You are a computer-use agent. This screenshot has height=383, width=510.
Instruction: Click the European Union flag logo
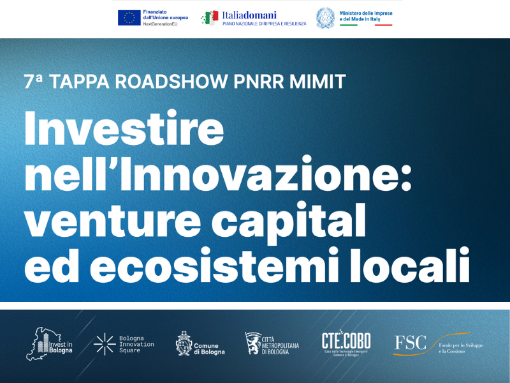click(129, 18)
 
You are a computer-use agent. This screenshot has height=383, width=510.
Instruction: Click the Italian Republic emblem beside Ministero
click(325, 18)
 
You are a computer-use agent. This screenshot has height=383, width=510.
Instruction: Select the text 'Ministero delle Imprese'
click(365, 13)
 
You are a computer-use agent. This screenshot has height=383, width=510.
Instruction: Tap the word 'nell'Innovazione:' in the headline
click(217, 174)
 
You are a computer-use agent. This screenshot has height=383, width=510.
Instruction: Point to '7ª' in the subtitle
click(33, 82)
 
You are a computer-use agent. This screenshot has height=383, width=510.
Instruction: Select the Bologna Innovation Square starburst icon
click(105, 343)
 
